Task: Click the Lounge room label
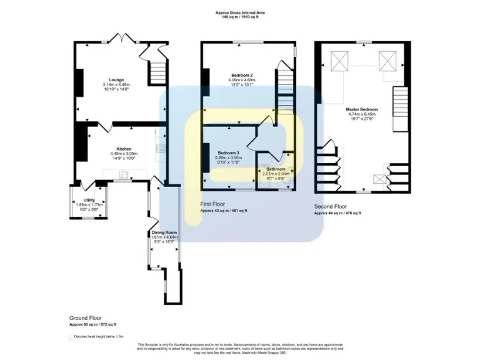(x=116, y=80)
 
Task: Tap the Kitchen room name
(x=123, y=149)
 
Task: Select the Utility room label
(x=90, y=200)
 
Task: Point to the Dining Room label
(x=164, y=232)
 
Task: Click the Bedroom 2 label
(x=240, y=75)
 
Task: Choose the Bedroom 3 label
(x=228, y=152)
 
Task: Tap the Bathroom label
(x=276, y=169)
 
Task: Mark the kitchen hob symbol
(x=161, y=149)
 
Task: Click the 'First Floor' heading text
(x=213, y=204)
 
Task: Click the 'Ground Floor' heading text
(x=86, y=317)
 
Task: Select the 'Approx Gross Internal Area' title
(x=240, y=12)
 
